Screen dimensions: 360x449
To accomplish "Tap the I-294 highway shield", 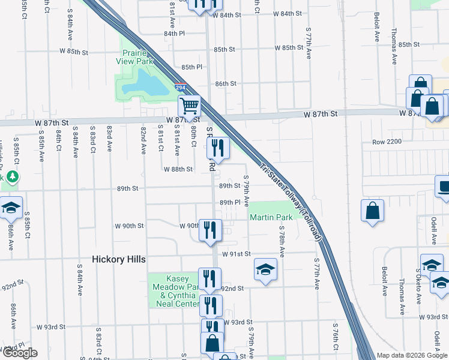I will [181, 88].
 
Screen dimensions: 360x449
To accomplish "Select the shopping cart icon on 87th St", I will [190, 106].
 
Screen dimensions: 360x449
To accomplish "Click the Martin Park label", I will [271, 217].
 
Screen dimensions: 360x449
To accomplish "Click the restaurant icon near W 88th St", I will [218, 147].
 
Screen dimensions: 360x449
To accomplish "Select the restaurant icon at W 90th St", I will [210, 230].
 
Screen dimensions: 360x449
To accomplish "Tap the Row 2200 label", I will [385, 142].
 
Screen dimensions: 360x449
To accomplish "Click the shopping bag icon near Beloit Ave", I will [373, 211].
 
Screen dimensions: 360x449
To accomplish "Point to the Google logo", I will [20, 353].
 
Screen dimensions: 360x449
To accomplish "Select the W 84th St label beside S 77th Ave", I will [287, 13].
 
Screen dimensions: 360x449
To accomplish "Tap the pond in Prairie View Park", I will [145, 85].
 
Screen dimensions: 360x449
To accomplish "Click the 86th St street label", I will [226, 84].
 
